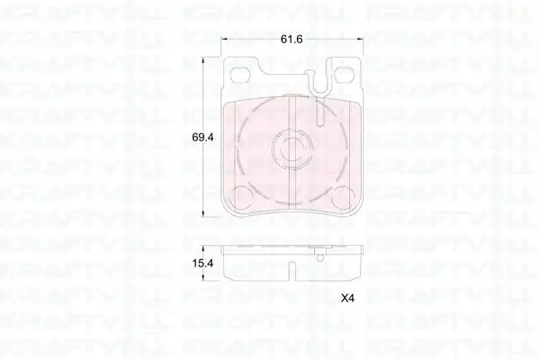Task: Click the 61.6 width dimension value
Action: [292, 40]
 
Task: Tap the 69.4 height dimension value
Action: [202, 138]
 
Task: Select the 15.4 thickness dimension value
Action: [202, 264]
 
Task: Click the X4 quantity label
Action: [347, 298]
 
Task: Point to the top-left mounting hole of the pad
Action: [240, 75]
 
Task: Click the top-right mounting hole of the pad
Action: [346, 75]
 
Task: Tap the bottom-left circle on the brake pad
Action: [241, 198]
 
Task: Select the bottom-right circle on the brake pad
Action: [344, 198]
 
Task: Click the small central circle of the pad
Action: [292, 148]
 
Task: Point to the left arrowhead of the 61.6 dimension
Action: [224, 39]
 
